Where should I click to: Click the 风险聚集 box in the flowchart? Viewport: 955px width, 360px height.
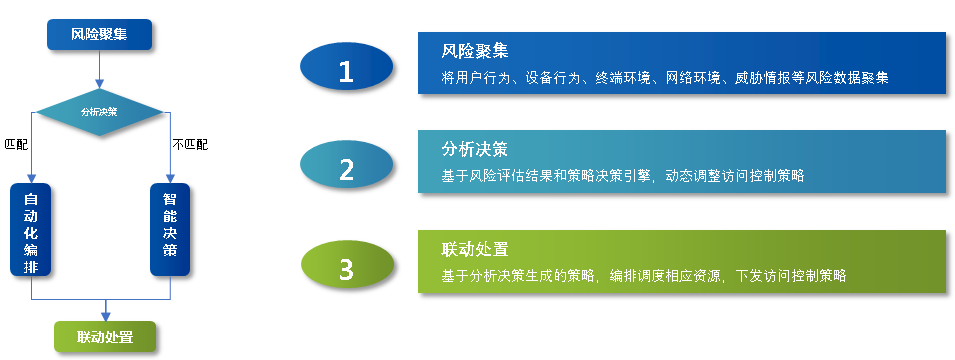tap(99, 34)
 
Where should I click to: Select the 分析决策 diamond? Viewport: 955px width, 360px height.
tap(99, 112)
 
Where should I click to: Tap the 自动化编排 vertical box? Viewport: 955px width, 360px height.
tap(30, 230)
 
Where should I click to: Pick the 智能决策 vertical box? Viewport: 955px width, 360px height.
tap(170, 230)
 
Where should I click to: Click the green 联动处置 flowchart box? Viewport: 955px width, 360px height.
tap(105, 336)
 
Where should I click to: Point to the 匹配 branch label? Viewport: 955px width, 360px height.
tap(16, 145)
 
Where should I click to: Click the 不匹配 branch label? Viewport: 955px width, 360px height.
tap(190, 145)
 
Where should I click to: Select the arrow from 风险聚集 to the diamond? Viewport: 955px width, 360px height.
tap(99, 69)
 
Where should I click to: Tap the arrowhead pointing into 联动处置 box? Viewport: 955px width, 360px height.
tap(105, 316)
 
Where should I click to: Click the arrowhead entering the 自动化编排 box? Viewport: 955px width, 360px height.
tap(31, 178)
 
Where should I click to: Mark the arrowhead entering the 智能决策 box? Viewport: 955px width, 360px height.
tap(170, 178)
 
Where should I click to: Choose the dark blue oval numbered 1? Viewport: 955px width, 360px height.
tap(346, 68)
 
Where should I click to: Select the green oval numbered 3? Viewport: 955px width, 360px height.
tap(347, 267)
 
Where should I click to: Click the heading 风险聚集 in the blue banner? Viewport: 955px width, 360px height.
tap(475, 51)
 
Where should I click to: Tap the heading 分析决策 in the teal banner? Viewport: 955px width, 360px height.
tap(475, 149)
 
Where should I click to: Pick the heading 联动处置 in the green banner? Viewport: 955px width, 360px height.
tap(475, 249)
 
